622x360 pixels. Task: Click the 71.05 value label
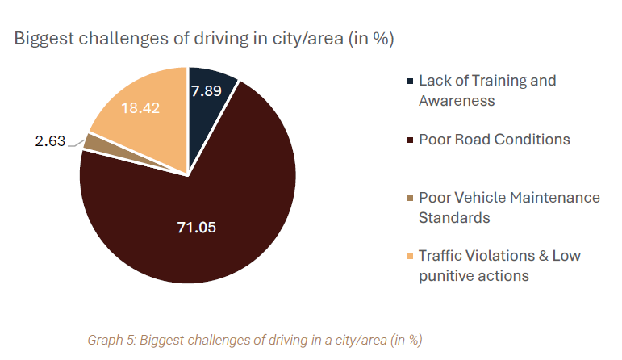tap(198, 227)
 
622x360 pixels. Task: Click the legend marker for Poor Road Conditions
tap(411, 140)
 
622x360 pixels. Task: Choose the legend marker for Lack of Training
tap(411, 81)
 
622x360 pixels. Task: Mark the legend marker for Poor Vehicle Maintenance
tap(411, 198)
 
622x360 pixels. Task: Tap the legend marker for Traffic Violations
tap(411, 256)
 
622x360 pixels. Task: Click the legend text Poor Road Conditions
tap(494, 140)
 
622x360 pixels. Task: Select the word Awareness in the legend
tap(457, 101)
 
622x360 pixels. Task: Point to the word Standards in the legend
tap(453, 218)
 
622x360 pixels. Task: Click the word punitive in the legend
tap(445, 276)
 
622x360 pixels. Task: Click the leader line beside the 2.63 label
tap(77, 144)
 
